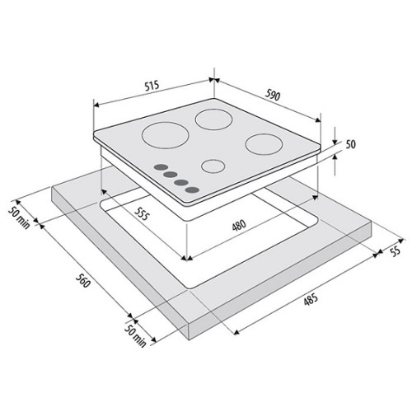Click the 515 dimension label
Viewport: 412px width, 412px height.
click(152, 86)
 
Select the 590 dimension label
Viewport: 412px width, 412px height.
click(273, 95)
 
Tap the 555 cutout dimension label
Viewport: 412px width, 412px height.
click(142, 213)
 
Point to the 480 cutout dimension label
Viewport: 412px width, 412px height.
click(239, 226)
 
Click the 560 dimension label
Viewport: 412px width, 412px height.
click(82, 280)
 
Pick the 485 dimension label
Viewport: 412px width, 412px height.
click(311, 299)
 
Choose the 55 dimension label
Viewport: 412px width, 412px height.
click(395, 251)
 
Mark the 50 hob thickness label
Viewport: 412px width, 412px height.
click(350, 144)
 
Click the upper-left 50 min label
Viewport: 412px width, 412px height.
click(19, 218)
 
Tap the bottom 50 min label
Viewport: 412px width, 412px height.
click(135, 335)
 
